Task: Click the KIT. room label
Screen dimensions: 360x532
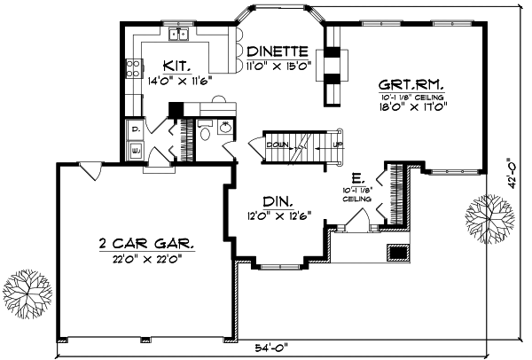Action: [176, 65]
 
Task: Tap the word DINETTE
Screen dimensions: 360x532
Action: [278, 51]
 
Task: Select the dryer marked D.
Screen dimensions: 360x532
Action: [135, 129]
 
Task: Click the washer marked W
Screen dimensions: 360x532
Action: [135, 151]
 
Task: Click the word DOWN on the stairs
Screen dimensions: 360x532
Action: [276, 144]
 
